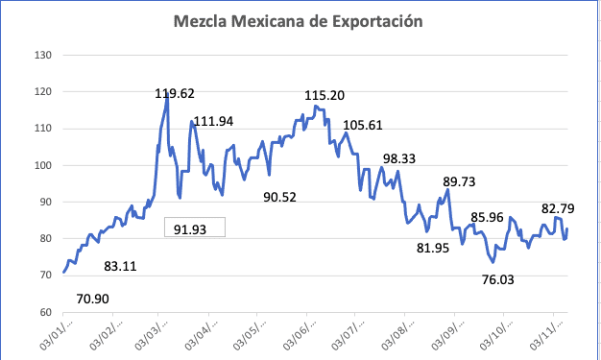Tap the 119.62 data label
(x=176, y=94)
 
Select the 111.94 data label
(x=214, y=121)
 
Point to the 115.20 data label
(x=325, y=96)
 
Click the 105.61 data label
(x=363, y=125)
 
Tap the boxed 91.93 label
(x=193, y=228)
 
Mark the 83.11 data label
(x=120, y=266)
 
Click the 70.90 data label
(x=93, y=299)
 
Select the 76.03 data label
(x=506, y=280)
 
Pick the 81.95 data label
(x=433, y=249)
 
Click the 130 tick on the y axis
(x=41, y=55)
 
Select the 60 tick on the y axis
(x=44, y=312)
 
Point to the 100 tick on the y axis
(x=41, y=165)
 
